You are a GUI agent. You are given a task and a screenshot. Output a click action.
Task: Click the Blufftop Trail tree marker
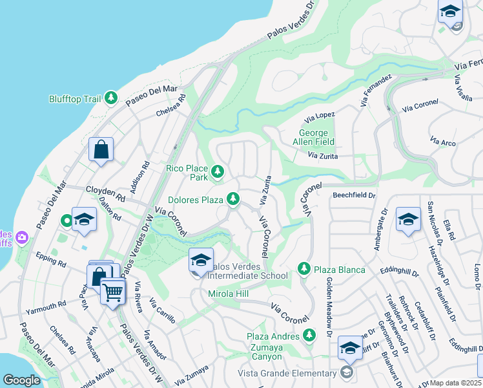tap(111, 98)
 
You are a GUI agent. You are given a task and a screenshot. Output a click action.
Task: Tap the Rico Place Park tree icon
tap(218, 171)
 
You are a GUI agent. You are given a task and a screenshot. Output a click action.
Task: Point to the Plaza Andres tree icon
tap(309, 335)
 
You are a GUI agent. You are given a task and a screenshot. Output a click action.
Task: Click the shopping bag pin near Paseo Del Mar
tap(101, 151)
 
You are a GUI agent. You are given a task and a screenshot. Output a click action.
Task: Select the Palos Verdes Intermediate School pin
tap(201, 261)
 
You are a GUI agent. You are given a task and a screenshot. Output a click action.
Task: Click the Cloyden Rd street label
tap(105, 192)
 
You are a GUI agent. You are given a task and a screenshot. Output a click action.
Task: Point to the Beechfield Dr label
tap(354, 194)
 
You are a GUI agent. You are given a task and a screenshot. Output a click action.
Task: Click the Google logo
tap(21, 380)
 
